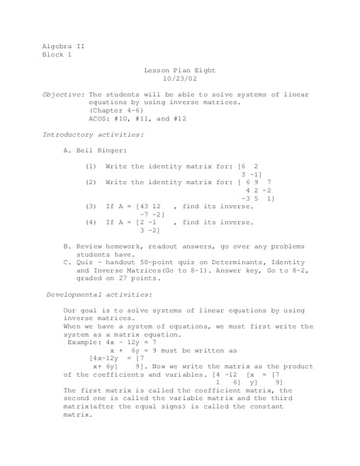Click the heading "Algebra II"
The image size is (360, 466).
point(62,46)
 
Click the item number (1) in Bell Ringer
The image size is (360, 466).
point(91,166)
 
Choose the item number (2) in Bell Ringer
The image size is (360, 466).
point(91,182)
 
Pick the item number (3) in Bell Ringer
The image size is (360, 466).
point(91,206)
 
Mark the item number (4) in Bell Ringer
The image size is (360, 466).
point(91,222)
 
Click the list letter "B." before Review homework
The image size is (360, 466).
point(67,245)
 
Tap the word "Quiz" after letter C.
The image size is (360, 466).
point(86,262)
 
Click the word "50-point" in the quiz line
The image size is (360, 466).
point(167,262)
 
